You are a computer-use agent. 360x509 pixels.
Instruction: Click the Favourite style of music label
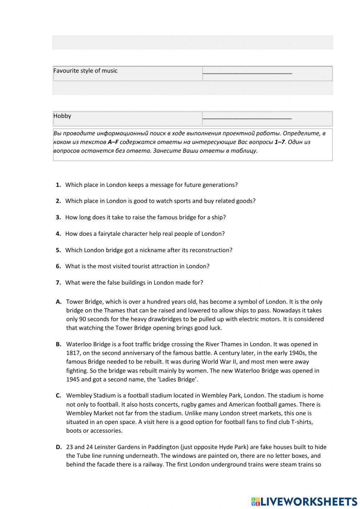[85, 71]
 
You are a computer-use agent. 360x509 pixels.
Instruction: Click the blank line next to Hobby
[247, 117]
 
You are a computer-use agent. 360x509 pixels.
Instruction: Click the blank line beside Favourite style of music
[247, 72]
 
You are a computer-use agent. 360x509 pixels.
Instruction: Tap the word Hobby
[62, 116]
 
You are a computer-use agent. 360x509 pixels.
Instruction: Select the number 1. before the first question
[58, 185]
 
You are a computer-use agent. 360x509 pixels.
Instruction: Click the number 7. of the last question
[58, 283]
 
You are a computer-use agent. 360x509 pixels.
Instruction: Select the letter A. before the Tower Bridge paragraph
[59, 302]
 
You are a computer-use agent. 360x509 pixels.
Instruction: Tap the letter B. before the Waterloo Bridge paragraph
[59, 344]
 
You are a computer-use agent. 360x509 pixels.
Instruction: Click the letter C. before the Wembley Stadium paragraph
[59, 396]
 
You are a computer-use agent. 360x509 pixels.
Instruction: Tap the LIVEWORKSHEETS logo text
[309, 501]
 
